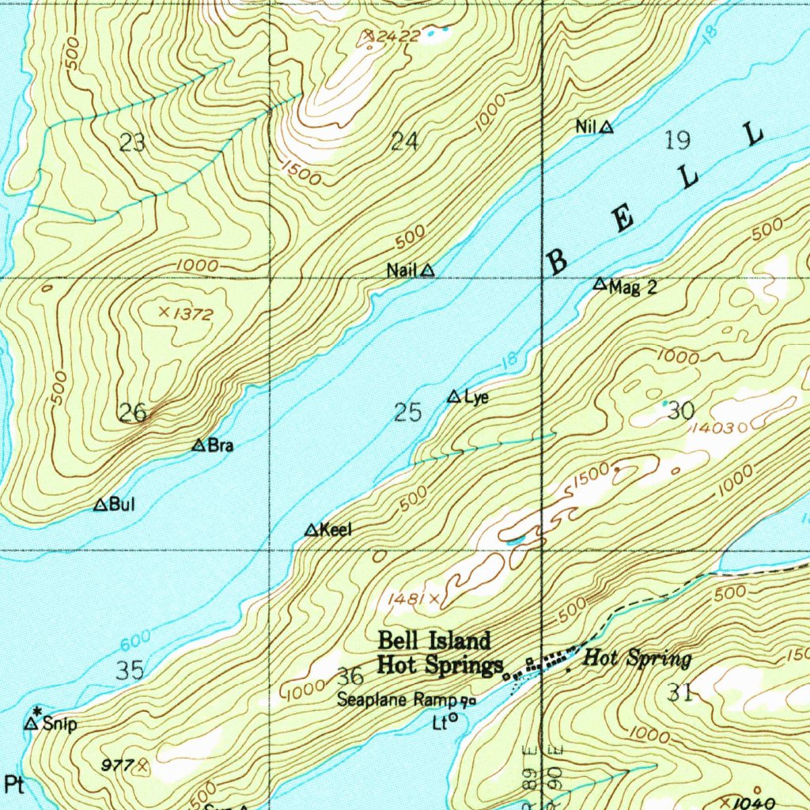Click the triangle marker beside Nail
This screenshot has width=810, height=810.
click(x=427, y=271)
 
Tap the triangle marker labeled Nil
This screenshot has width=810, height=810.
click(x=606, y=127)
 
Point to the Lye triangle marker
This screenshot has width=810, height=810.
click(x=454, y=396)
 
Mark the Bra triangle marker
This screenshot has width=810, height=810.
click(x=199, y=445)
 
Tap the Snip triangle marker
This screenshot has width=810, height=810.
click(x=32, y=723)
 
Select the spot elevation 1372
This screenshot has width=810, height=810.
click(x=193, y=314)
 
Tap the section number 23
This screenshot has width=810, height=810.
click(x=132, y=143)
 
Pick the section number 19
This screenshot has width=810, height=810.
click(x=677, y=141)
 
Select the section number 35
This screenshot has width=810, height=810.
click(x=130, y=671)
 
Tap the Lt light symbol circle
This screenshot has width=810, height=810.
click(x=454, y=719)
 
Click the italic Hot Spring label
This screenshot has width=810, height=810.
click(x=637, y=658)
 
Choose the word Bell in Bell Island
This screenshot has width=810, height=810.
click(x=401, y=640)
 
